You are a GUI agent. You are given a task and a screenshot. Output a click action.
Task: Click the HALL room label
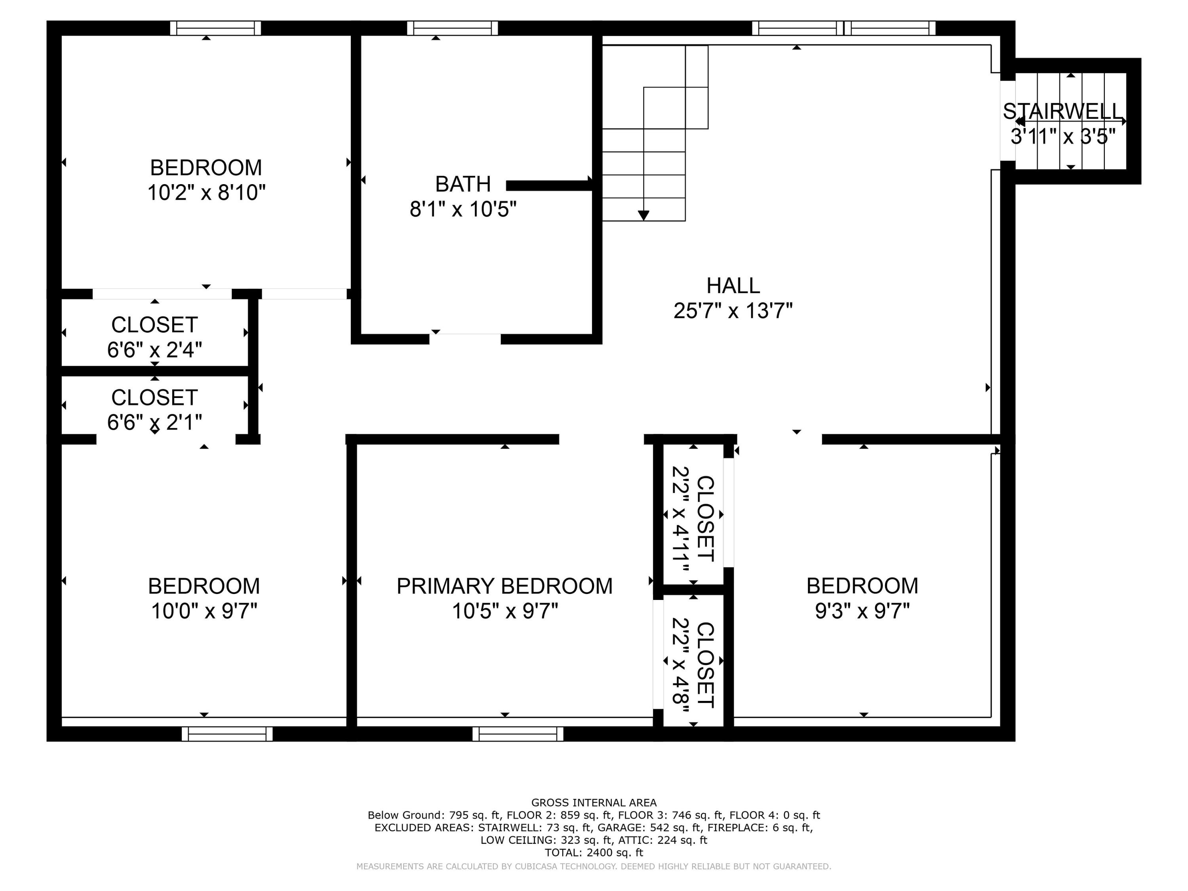733,286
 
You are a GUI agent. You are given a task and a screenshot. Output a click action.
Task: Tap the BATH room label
463,184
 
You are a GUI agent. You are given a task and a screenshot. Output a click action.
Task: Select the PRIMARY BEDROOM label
505,586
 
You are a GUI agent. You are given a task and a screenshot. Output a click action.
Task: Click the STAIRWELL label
1063,112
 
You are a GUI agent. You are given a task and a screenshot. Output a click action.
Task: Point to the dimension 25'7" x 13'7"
733,311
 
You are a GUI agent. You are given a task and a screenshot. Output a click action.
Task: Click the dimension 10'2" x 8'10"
206,193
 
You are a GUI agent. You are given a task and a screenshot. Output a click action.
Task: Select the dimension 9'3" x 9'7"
862,611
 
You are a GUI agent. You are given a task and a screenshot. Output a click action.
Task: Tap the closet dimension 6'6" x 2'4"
155,350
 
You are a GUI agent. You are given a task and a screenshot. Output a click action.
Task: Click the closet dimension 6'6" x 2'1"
155,423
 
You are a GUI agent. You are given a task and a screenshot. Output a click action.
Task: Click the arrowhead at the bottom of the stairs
643,215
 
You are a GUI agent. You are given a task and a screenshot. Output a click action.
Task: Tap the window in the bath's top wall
452,28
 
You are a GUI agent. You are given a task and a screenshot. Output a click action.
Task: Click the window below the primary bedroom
518,734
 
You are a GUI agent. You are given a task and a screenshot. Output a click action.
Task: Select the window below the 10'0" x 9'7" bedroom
227,734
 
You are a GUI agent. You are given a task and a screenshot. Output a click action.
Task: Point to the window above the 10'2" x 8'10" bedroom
215,28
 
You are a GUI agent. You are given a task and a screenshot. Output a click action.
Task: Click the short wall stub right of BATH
549,185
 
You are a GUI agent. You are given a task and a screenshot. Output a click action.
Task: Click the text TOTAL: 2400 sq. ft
594,852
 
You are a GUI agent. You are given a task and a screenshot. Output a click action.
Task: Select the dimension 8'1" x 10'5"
463,209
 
